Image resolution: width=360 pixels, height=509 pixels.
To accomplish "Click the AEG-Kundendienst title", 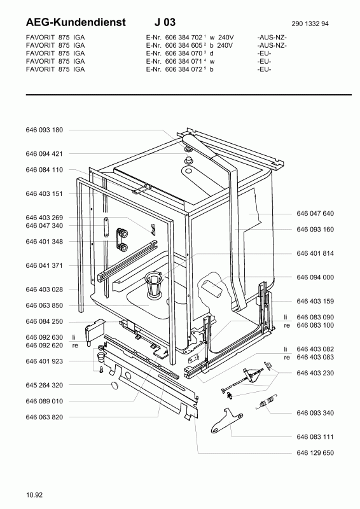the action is [x=76, y=22].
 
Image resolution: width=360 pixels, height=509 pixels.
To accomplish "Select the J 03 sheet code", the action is [x=165, y=22].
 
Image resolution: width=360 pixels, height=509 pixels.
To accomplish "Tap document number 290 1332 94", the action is [x=310, y=24].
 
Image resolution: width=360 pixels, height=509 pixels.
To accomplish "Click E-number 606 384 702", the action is [x=184, y=38].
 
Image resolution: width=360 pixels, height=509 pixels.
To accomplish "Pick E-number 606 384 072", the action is [x=184, y=69].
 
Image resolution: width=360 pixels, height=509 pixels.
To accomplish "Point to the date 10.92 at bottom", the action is [x=34, y=495].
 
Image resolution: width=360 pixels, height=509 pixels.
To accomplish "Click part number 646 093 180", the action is [x=44, y=130].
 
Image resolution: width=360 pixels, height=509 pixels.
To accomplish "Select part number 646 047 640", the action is [x=315, y=213].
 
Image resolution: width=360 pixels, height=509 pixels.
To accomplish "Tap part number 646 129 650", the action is [x=315, y=453].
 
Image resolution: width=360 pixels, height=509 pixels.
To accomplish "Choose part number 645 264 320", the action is [x=44, y=385].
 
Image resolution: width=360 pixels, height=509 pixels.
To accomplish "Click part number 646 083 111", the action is [x=315, y=437].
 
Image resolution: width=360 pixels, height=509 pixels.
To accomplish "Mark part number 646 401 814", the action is [x=315, y=253].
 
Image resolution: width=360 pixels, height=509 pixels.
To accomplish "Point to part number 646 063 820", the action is [x=44, y=417].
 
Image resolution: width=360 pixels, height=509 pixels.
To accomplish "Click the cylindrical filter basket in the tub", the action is [x=153, y=284].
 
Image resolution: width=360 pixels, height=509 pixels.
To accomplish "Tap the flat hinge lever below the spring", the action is [x=226, y=421].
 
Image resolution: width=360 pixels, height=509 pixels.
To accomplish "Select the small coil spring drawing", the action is [x=267, y=402].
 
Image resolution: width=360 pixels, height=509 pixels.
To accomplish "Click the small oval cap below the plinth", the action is [x=115, y=386].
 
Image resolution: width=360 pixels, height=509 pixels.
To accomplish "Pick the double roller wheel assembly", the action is [x=121, y=239].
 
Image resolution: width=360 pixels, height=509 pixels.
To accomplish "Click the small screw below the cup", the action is [x=101, y=369].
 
